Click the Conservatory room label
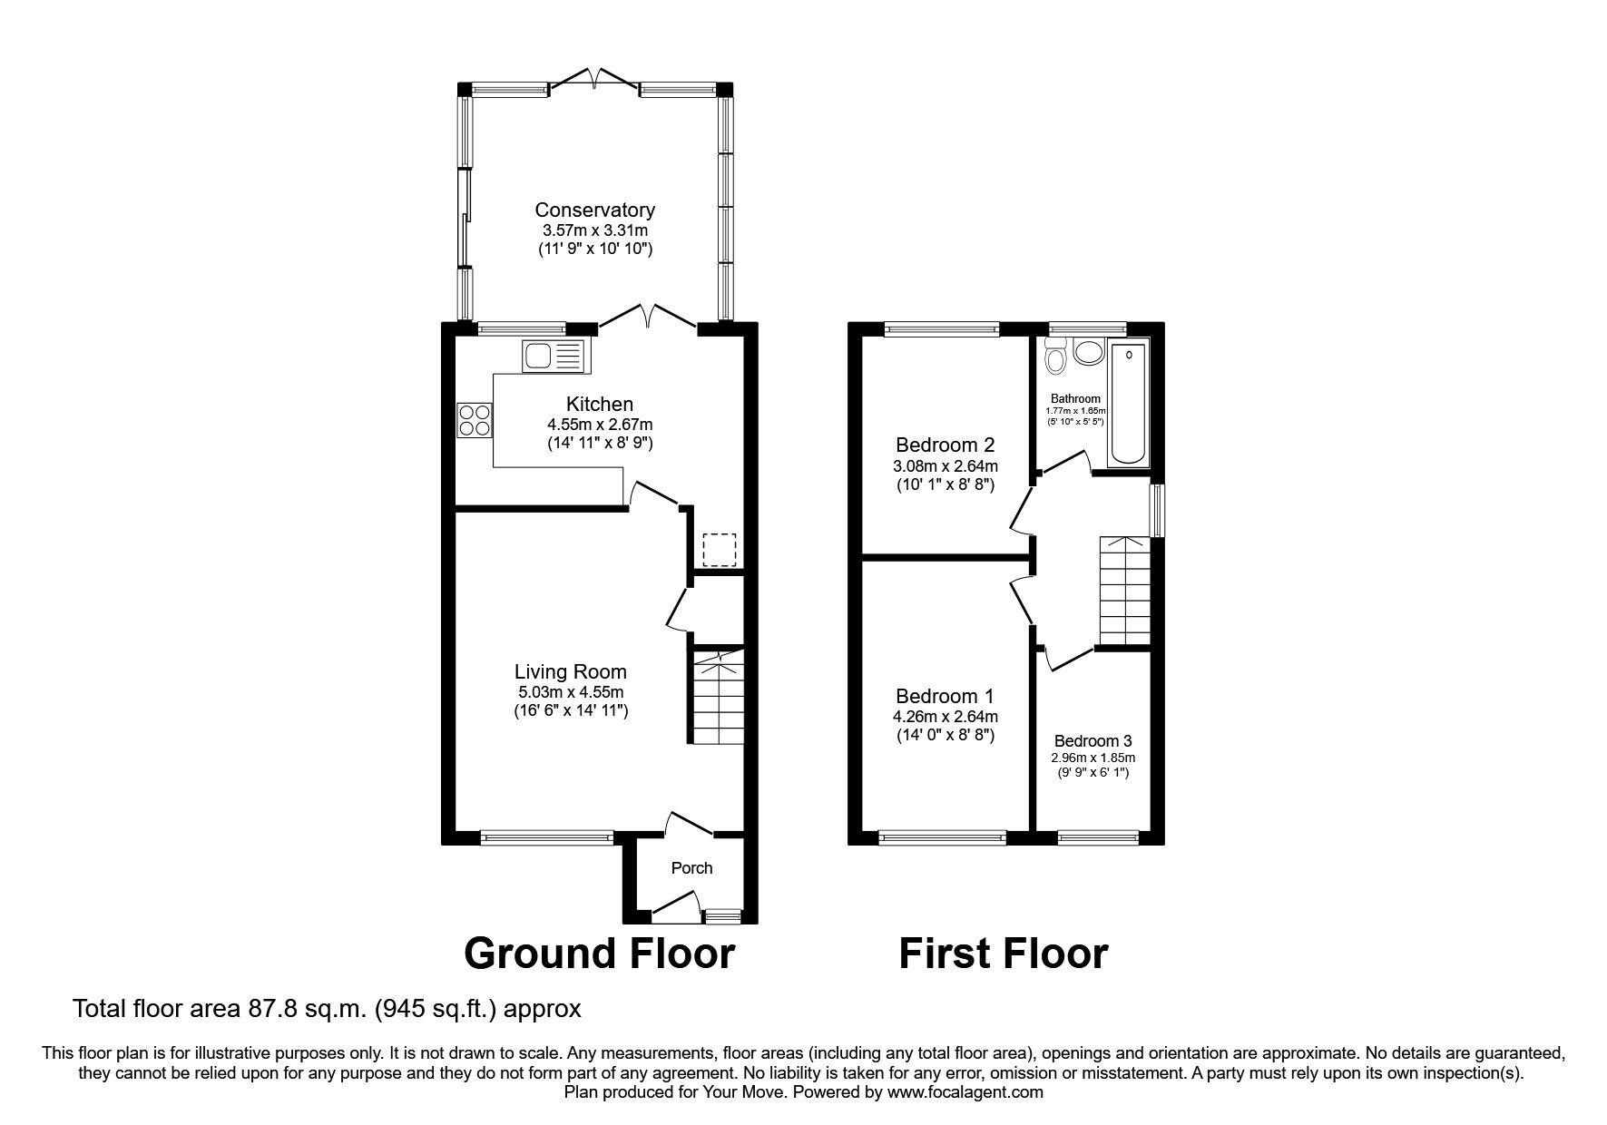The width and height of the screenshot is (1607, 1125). (x=594, y=210)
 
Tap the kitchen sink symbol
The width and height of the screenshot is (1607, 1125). (x=554, y=355)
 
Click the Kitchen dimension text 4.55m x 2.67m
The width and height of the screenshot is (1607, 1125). (x=599, y=424)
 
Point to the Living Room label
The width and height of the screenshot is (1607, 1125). (x=570, y=671)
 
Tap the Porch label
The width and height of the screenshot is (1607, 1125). (x=691, y=868)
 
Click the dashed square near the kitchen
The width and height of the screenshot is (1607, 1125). (x=720, y=550)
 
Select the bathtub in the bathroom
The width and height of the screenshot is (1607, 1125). (x=1128, y=403)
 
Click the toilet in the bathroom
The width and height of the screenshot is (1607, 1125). (x=1055, y=359)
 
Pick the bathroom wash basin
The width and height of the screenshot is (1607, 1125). (x=1087, y=352)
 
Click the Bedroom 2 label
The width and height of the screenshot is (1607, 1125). (x=945, y=445)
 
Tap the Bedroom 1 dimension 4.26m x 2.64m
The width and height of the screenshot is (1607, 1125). (x=945, y=717)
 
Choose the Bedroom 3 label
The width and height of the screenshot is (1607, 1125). (x=1093, y=740)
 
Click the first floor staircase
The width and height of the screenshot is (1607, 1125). (x=1124, y=590)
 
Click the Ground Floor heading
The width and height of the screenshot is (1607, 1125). (x=599, y=954)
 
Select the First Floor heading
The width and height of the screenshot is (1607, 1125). (x=1003, y=954)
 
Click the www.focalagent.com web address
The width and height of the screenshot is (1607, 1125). (x=965, y=1092)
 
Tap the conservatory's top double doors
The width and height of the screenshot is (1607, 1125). (x=594, y=82)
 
